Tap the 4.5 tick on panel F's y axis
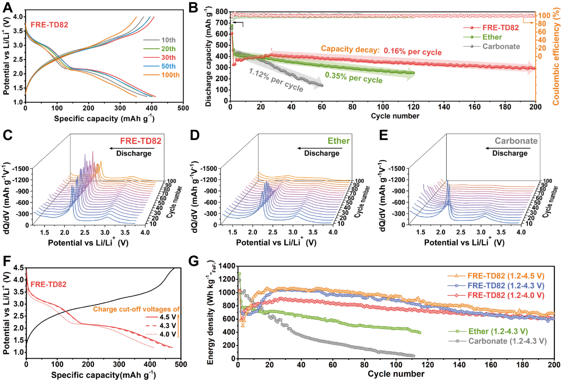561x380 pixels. coord(18,268)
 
